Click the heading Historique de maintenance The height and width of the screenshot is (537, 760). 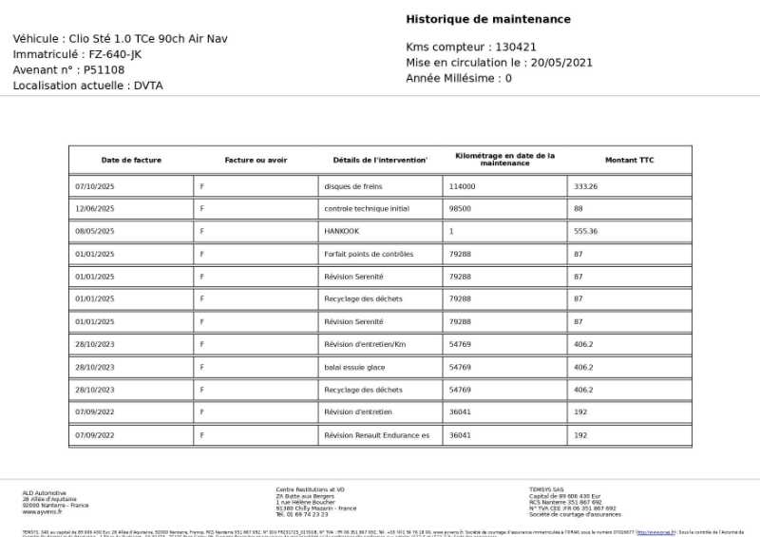pos(488,19)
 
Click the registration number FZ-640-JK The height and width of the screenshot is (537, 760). pos(108,54)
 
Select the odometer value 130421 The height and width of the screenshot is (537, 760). pos(516,47)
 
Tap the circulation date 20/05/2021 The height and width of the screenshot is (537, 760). pos(561,63)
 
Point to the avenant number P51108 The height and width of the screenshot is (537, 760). pos(104,69)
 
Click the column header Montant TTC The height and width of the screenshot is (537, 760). pos(629,160)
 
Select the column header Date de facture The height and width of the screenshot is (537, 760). pos(131,160)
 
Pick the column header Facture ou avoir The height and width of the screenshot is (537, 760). pos(256,160)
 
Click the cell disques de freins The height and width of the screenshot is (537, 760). pos(352,186)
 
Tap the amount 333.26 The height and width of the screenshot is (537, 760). pos(586,186)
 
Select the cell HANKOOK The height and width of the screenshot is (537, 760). pos(342,231)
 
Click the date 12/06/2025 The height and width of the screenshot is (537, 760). pos(94,209)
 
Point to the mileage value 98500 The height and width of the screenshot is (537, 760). pos(460,209)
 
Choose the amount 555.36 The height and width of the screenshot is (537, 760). pos(586,231)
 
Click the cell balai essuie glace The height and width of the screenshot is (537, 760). pos(354,367)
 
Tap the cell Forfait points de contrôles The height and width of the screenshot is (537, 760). pos(369,254)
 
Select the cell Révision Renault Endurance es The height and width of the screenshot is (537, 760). pos(376,435)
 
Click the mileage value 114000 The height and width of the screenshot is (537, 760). pos(462,186)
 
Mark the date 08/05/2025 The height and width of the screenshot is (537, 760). pos(94,231)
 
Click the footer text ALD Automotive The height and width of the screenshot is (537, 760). pos(45,492)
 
